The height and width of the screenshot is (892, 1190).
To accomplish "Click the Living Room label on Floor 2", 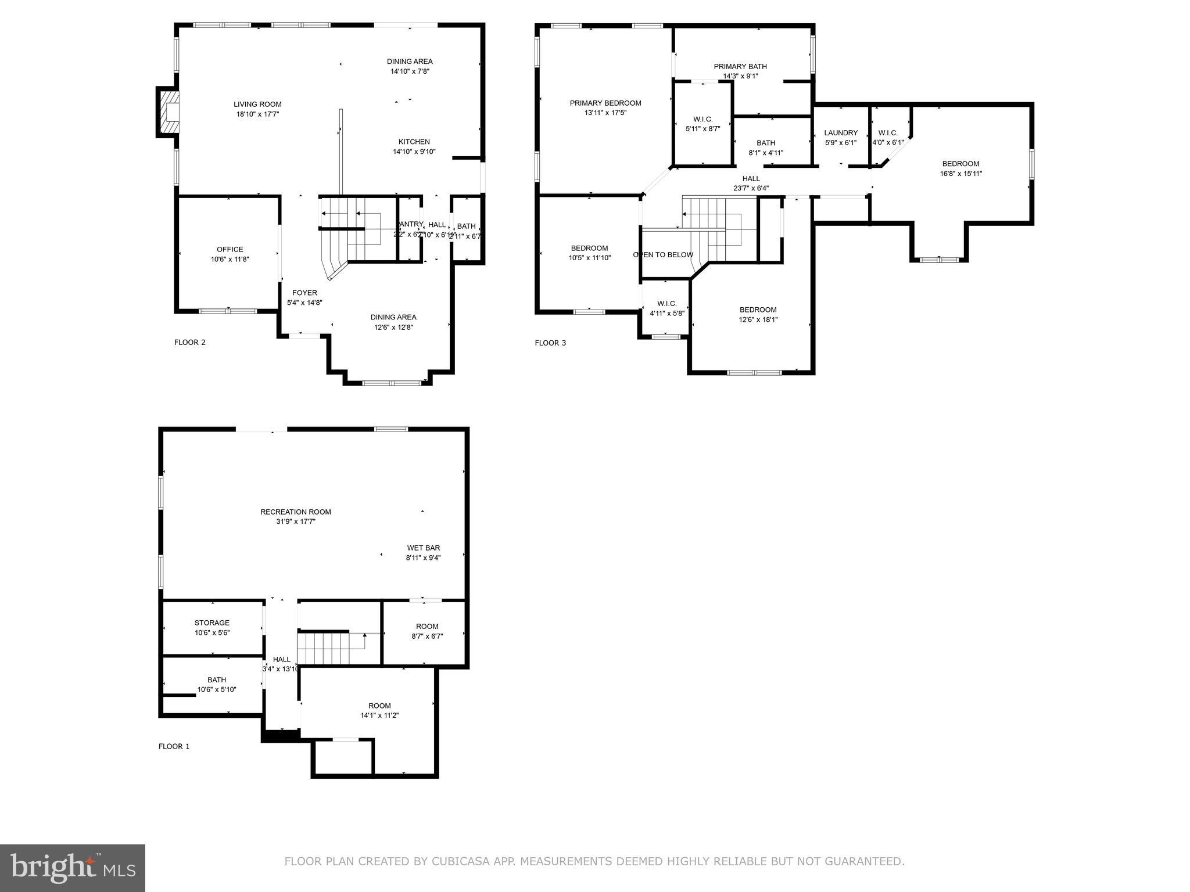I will coord(257,105).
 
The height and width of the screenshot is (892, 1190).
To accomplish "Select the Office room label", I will coord(230,250).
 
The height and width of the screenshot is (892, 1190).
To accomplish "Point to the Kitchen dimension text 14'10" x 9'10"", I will coord(414,152).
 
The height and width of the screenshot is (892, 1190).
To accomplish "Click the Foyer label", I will coord(304,293).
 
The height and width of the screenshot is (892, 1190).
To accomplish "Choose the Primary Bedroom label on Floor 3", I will coord(605,103).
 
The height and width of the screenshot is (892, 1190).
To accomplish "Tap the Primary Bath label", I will coord(740,67).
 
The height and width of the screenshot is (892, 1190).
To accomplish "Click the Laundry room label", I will coord(841,133).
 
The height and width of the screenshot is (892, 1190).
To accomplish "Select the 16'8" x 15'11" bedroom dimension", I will coord(961,174).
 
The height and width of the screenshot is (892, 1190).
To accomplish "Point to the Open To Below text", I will coord(663,255).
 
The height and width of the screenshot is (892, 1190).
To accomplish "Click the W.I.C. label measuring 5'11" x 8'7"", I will coord(703,120).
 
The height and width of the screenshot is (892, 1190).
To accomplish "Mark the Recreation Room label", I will coord(296,512).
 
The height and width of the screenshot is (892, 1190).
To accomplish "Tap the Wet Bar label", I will coord(424,548).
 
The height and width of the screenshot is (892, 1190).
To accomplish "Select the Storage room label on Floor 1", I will coord(212,623).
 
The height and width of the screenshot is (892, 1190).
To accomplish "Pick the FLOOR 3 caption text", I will coord(550,343).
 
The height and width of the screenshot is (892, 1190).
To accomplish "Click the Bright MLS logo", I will coord(73,868).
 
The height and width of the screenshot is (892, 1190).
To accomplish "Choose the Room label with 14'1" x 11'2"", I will coord(379,706).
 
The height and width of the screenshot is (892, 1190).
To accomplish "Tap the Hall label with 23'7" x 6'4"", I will coord(751,179).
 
